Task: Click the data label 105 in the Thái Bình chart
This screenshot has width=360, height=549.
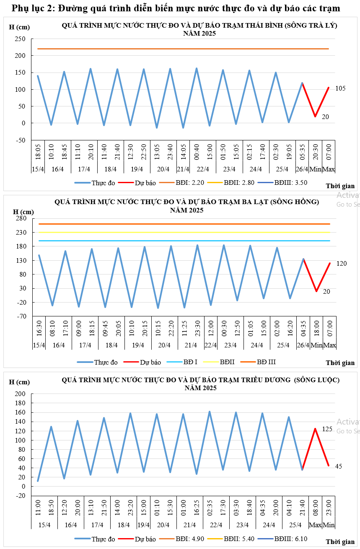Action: tap(341, 88)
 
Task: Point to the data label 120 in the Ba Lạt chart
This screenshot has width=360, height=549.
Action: tap(342, 263)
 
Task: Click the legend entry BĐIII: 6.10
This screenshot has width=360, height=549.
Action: tap(290, 539)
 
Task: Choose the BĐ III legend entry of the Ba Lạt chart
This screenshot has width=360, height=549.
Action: tap(266, 362)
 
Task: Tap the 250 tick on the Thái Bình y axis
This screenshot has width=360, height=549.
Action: tap(20, 39)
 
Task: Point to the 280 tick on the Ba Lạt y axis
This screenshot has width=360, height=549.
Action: tap(21, 218)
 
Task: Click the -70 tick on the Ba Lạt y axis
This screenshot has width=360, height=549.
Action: tap(21, 316)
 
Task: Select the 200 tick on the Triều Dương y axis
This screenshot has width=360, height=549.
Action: tap(20, 394)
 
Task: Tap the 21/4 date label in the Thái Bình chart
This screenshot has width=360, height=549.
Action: tap(183, 169)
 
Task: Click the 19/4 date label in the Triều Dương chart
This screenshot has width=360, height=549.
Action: tap(143, 525)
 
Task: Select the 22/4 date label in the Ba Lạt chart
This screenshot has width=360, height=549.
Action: tap(210, 345)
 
